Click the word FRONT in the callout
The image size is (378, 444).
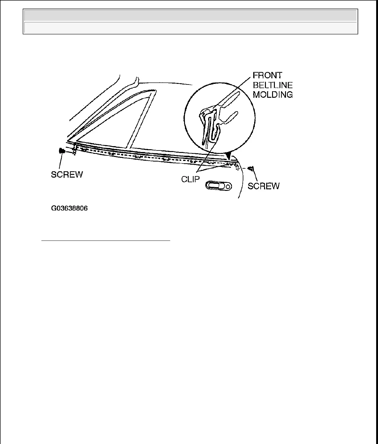pos(267,76)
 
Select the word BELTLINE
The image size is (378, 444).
pos(273,85)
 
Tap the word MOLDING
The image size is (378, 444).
pos(273,95)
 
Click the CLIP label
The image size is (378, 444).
pos(191,179)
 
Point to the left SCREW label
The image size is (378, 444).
pos(67,175)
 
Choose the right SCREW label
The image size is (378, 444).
pos(264,186)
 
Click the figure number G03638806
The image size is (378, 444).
pos(69,208)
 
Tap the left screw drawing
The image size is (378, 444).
pos(62,151)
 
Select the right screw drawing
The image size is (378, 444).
pos(251,169)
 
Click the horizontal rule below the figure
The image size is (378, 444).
pos(106,240)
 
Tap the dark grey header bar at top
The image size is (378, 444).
pos(190,15)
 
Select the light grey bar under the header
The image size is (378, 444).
pos(190,28)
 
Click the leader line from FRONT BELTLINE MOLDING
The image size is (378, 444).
pos(235,89)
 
